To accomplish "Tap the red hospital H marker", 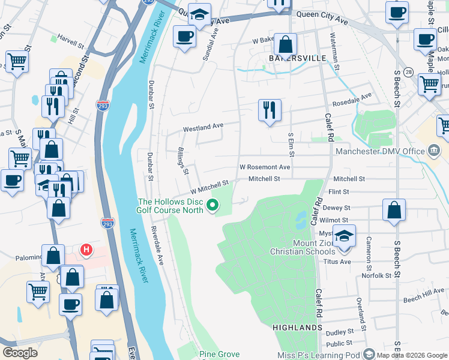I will [x=86, y=249].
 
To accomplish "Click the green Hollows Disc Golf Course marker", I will [x=212, y=206].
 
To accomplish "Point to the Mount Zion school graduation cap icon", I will [x=344, y=235].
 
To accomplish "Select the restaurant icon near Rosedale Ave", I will [x=269, y=110].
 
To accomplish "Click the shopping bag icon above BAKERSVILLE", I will [x=286, y=43].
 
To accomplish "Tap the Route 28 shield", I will [x=408, y=72].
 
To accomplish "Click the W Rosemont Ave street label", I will [x=265, y=167].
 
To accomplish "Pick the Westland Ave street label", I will [x=203, y=127].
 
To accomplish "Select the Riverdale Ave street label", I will [x=157, y=246].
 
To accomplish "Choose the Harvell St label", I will [x=71, y=43].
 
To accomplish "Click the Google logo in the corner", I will [x=20, y=352].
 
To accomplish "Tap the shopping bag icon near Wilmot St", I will [x=394, y=209].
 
